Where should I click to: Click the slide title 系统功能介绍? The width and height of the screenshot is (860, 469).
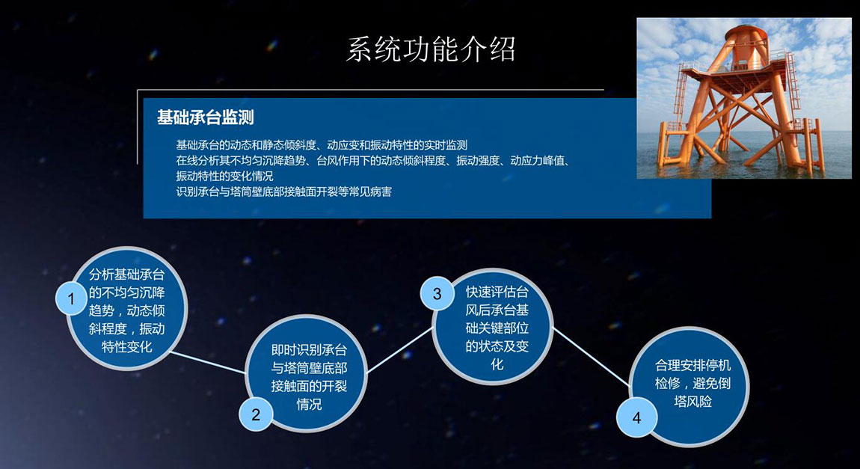tap(431, 49)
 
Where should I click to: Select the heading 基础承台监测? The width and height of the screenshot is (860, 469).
tap(205, 117)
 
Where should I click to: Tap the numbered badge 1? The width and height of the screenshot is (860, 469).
tap(71, 298)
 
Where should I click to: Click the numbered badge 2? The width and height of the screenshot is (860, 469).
tap(255, 414)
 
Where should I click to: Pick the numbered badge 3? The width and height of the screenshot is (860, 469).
tap(437, 294)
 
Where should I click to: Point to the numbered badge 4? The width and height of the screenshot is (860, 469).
tap(636, 418)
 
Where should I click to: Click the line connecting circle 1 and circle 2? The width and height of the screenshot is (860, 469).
tap(209, 363)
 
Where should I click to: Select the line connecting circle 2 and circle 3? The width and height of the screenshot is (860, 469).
tap(400, 350)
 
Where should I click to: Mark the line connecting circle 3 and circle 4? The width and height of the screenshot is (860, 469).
tap(592, 356)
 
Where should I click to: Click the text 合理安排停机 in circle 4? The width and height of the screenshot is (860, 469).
tap(692, 365)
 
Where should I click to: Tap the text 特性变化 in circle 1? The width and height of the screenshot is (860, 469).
tap(126, 346)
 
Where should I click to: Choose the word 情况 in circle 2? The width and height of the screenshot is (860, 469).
tap(309, 404)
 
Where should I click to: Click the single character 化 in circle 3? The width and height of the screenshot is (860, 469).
tap(497, 364)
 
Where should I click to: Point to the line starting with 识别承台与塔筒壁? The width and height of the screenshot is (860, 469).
tap(283, 192)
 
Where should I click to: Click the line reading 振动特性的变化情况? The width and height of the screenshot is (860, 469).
tap(224, 176)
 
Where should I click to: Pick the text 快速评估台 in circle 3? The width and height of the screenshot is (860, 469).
tap(497, 292)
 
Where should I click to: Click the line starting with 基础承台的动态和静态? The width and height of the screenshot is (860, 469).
tap(322, 145)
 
